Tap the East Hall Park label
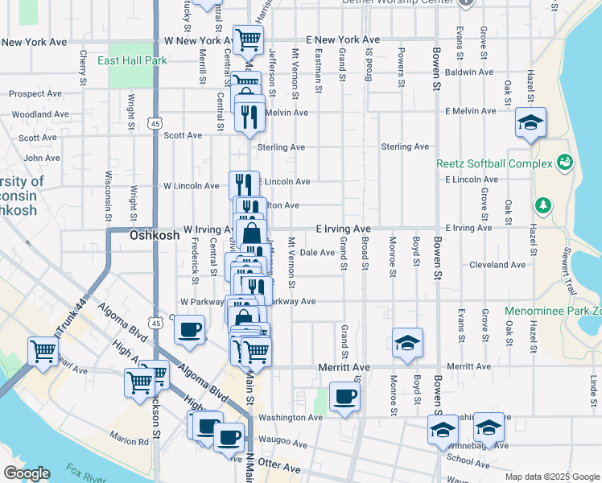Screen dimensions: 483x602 pyautogui.click(x=132, y=60)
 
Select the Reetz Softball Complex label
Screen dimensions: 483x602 pyautogui.click(x=493, y=163)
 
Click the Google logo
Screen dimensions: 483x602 pyautogui.click(x=26, y=473)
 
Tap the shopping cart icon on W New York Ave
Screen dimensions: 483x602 pyautogui.click(x=249, y=38)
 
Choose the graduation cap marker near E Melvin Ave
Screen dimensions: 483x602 pyautogui.click(x=530, y=122)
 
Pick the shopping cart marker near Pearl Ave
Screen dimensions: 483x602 pyautogui.click(x=42, y=351)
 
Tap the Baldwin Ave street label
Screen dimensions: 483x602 pyautogui.click(x=468, y=72)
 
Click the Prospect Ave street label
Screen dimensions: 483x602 pyautogui.click(x=35, y=93)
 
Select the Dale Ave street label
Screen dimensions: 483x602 pyautogui.click(x=316, y=253)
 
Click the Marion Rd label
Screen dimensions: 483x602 pyautogui.click(x=130, y=440)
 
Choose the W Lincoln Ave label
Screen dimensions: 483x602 pyautogui.click(x=191, y=186)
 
